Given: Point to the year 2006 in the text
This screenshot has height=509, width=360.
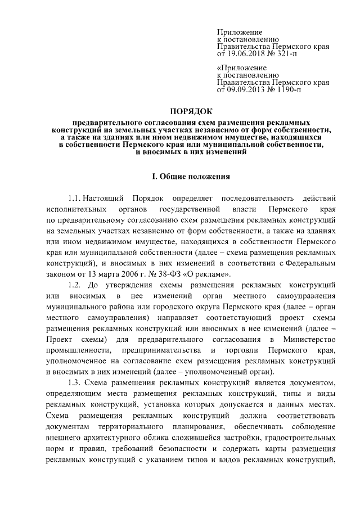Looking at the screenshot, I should [113, 274].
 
